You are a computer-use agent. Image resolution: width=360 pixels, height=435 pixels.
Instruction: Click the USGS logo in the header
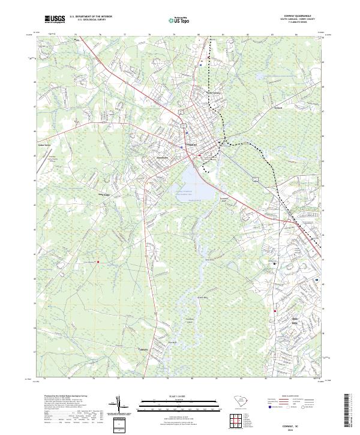coord(55,20)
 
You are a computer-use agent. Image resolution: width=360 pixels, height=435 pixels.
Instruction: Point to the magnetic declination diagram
coord(119,406)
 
